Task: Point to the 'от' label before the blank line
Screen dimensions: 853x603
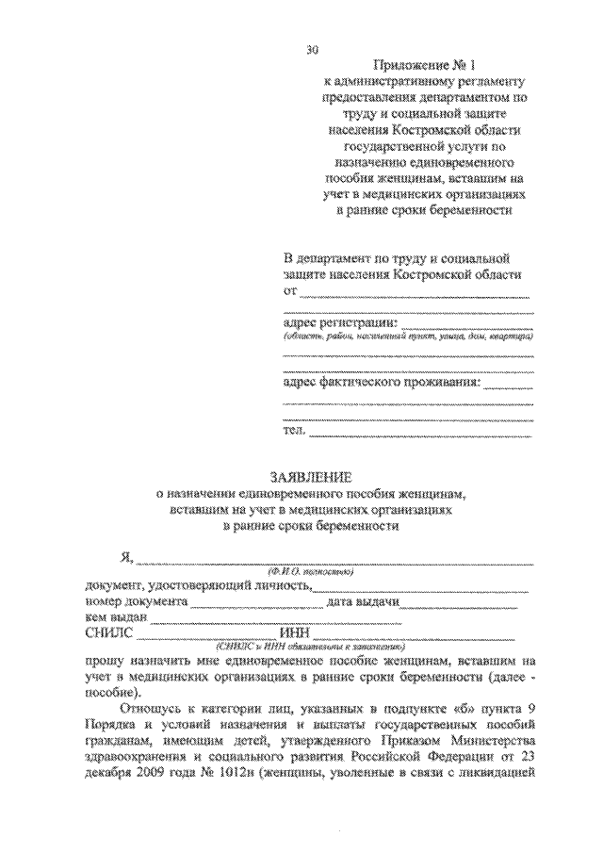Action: [289, 292]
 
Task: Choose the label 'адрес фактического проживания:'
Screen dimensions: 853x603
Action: [383, 383]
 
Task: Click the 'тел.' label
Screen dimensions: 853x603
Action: [294, 432]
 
